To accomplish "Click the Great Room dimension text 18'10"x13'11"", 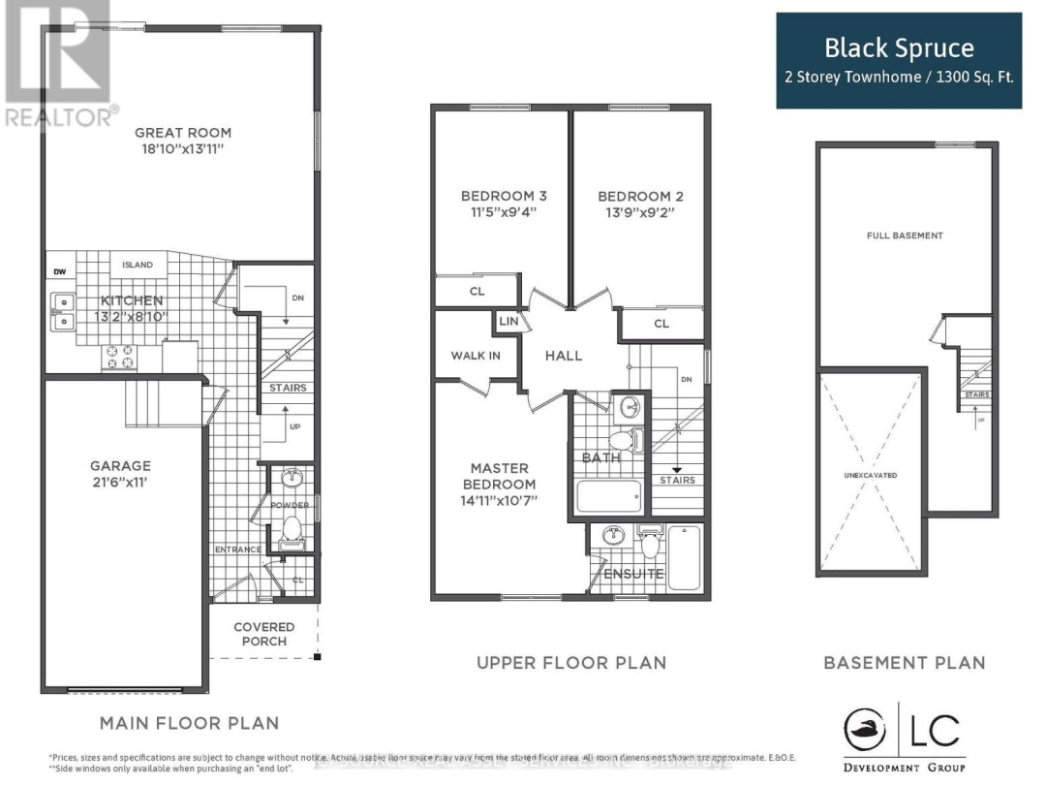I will point(183,150).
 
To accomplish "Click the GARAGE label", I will point(121,465).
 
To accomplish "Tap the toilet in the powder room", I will point(290,532).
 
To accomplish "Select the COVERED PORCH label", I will point(264,634).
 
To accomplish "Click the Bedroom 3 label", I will point(497,196).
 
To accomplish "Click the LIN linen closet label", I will point(508,321).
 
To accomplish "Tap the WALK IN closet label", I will point(476,356).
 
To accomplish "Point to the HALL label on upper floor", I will point(564,356).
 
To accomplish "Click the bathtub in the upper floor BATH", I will point(608,496).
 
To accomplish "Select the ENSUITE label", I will point(634,574).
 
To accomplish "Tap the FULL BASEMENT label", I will point(905,235).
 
